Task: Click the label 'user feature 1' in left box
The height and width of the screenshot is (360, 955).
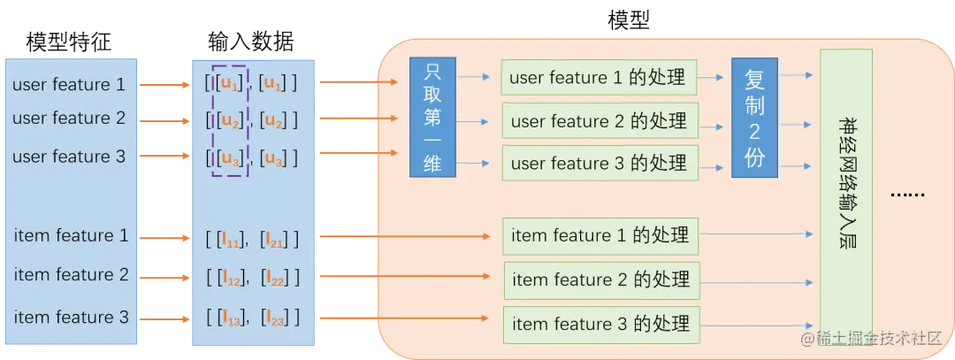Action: coord(69,85)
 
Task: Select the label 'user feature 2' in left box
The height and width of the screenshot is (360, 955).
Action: coord(69,119)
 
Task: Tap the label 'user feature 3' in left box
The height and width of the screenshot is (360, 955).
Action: coord(69,157)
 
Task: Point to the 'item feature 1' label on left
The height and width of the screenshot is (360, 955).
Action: coord(71,236)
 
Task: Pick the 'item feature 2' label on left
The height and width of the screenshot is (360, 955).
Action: coord(71,275)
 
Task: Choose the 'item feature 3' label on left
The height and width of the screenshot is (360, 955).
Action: coord(71,317)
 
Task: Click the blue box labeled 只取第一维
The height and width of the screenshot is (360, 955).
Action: coord(432,118)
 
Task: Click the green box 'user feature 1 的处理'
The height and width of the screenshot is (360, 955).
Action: coord(598,78)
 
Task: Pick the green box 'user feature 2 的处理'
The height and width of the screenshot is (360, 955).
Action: coord(599,120)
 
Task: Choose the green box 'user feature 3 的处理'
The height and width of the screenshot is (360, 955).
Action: coord(599,164)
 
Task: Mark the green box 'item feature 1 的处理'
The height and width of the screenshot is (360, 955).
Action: coord(600,236)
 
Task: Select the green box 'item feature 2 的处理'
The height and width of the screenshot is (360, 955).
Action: coord(601,280)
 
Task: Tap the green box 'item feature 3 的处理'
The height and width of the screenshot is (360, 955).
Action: coord(600,324)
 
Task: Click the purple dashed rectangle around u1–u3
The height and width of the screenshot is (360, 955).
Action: coord(229,119)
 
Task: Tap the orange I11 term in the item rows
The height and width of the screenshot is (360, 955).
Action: coord(229,239)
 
